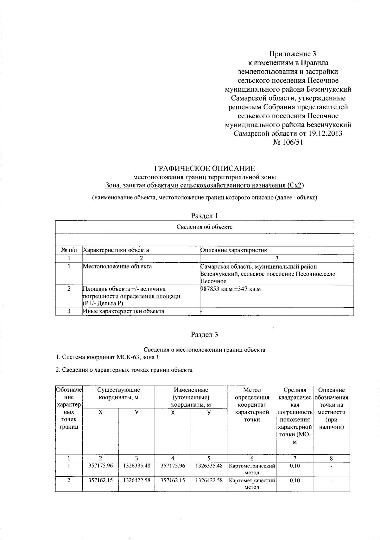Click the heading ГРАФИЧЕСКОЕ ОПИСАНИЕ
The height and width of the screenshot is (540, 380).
[x=204, y=168]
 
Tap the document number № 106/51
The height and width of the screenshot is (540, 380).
[x=288, y=142]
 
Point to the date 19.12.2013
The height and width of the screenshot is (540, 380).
[x=325, y=133]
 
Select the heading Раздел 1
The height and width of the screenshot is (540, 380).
[x=204, y=216]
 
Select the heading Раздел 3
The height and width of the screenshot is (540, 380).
[x=204, y=334]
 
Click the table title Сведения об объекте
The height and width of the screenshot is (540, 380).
[x=204, y=227]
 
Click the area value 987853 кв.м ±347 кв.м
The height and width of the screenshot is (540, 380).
[x=230, y=289]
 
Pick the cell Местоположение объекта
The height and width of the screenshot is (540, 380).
[x=117, y=267]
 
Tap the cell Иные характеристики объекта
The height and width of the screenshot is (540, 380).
[x=123, y=311]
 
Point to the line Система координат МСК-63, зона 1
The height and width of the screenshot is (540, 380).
[x=107, y=357]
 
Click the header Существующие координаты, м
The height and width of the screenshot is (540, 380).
[x=118, y=393]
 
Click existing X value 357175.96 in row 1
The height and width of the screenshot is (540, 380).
[x=100, y=466]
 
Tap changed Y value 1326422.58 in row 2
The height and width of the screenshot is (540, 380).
[x=209, y=480]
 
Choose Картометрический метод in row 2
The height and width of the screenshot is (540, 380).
[x=252, y=484]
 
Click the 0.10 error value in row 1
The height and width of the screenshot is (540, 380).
[x=294, y=466]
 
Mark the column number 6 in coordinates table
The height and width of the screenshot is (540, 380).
[x=252, y=458]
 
